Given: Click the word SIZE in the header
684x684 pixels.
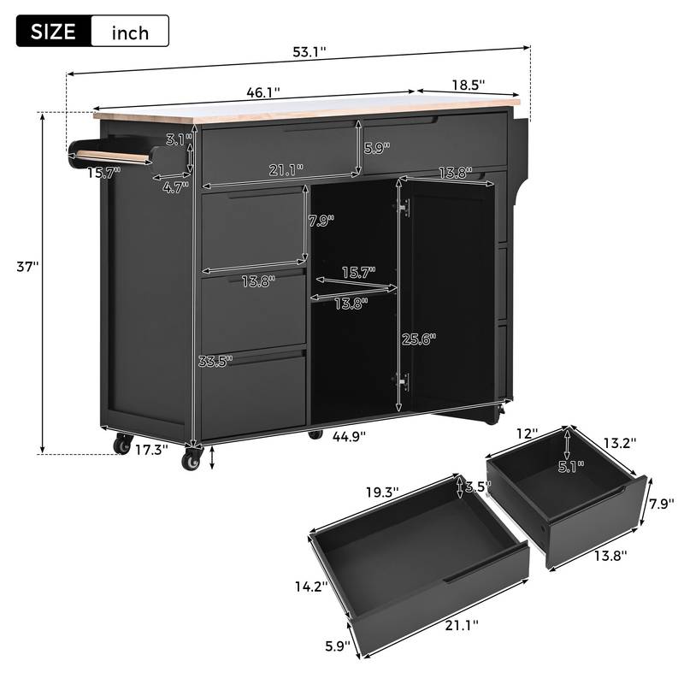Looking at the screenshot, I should tap(53, 32).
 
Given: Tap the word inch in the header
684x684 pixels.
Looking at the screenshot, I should tap(129, 32).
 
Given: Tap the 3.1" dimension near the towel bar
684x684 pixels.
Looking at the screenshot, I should tap(178, 139).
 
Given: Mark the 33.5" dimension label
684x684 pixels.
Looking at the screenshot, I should tap(215, 362).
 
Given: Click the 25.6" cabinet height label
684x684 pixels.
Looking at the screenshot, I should tap(419, 338).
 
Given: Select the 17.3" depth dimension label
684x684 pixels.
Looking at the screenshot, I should tap(152, 447).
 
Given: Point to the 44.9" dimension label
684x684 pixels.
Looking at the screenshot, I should tap(349, 436).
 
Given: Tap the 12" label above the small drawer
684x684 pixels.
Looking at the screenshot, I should tap(527, 434).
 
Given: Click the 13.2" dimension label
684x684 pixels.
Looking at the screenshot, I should tap(620, 443).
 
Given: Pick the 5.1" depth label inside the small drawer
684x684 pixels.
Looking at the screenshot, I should tap(567, 466).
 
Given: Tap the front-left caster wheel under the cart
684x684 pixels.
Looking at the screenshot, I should tap(191, 461).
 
